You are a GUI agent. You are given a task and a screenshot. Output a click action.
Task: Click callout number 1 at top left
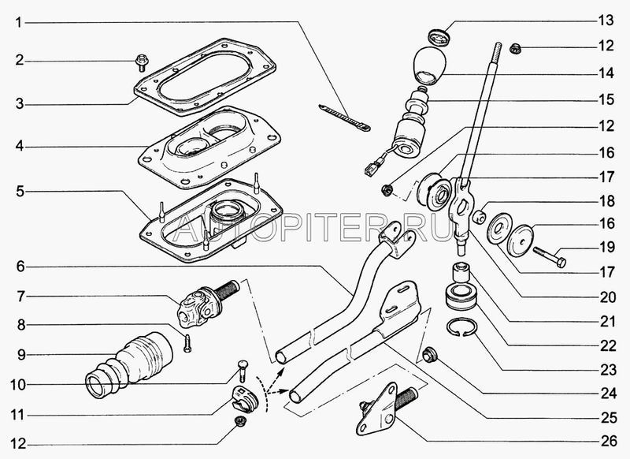[x=18, y=23]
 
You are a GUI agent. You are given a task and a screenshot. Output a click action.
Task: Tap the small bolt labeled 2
[x=141, y=63]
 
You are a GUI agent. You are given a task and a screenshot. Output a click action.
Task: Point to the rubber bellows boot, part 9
[x=129, y=364]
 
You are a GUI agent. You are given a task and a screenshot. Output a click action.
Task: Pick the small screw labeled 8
[x=187, y=344]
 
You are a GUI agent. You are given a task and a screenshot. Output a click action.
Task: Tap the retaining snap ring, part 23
[x=462, y=327]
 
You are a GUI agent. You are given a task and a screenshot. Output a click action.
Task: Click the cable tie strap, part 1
[x=344, y=118]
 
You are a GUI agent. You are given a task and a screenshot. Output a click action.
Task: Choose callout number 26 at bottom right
[x=609, y=441]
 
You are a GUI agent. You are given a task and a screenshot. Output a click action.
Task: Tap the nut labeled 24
[x=430, y=356]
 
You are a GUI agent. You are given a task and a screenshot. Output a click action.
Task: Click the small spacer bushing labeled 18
[x=479, y=213]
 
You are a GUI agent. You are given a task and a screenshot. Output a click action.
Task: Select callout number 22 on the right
[x=608, y=345]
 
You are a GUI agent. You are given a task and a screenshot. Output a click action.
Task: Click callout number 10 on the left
[x=18, y=385]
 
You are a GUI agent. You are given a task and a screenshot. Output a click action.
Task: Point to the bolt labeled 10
[x=243, y=371]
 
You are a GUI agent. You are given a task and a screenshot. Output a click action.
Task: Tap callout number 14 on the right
[x=606, y=73]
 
